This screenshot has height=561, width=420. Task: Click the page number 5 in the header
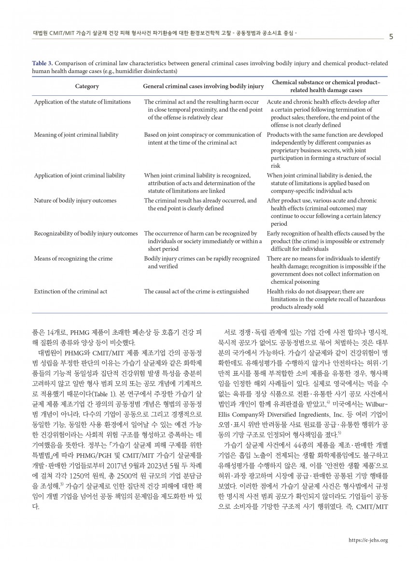(391, 37)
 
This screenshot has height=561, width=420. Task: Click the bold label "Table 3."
(43, 63)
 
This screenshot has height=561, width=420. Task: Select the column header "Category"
(87, 86)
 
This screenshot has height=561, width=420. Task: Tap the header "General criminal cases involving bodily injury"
(204, 86)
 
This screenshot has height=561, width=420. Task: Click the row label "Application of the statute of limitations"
(82, 102)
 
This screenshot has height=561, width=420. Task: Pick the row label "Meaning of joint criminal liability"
(76, 134)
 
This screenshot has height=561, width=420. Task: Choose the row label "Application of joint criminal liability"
(80, 176)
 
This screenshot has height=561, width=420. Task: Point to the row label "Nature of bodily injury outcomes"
(75, 200)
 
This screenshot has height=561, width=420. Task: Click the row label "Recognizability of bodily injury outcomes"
(86, 234)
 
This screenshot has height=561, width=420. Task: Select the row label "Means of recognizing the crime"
(73, 258)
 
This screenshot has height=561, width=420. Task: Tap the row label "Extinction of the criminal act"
(70, 291)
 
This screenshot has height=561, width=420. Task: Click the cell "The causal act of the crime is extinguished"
(196, 291)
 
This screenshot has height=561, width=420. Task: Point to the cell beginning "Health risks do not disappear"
(326, 299)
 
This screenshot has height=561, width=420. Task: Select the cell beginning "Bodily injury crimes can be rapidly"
(202, 262)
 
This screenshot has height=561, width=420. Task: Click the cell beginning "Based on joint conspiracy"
(203, 138)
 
